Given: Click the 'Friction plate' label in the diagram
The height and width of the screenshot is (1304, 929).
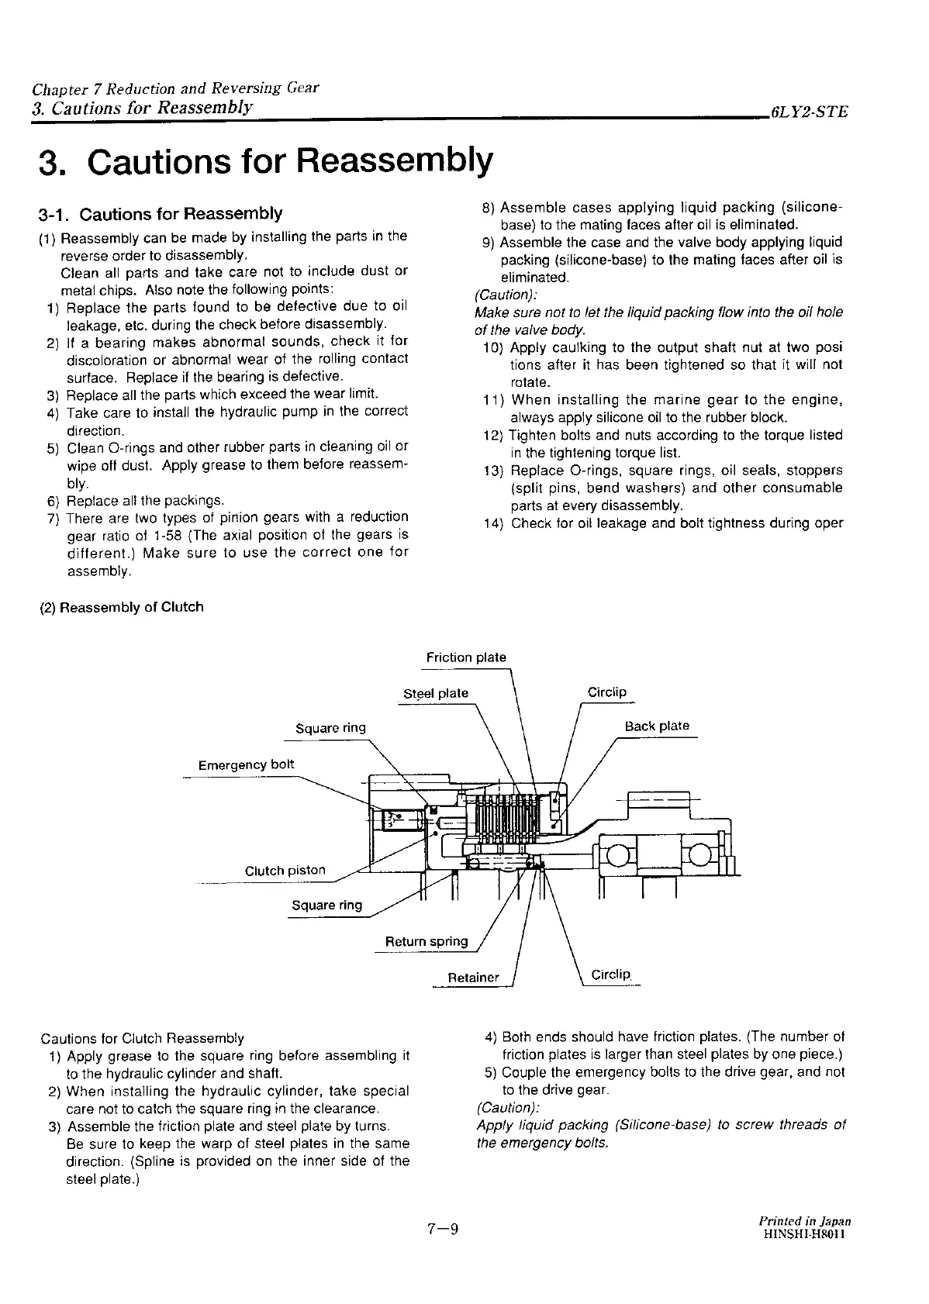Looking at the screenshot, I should coord(466,657).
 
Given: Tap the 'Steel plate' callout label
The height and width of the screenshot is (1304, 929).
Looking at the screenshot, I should coord(436,693).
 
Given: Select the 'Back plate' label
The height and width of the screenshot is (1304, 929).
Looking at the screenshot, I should coord(657,726).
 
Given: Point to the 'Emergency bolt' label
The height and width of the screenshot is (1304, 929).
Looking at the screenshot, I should coord(246,765).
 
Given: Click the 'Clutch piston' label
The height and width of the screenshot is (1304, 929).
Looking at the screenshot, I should coord(285,871).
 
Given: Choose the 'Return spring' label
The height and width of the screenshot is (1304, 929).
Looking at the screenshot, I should coord(427,942).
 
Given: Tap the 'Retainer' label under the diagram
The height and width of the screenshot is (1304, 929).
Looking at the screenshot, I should coord(474,978).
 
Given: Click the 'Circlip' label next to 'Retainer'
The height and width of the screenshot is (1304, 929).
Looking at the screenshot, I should coord(611,975).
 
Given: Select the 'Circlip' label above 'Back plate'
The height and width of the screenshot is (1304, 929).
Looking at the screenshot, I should coord(607,692).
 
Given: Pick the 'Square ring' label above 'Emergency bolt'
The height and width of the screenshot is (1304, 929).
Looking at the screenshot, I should coord(330,728).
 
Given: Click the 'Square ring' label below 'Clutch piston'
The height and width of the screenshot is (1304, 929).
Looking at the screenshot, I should coord(326,906).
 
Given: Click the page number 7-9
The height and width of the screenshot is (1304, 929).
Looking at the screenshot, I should coord(443,1230).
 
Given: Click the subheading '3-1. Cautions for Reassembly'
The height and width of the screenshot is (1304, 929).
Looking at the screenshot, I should coord(161,213).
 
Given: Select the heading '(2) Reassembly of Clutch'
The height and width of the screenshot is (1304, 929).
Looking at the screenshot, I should coord(122,607).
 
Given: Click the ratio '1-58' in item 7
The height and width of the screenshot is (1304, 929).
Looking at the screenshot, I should coord(167,535).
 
